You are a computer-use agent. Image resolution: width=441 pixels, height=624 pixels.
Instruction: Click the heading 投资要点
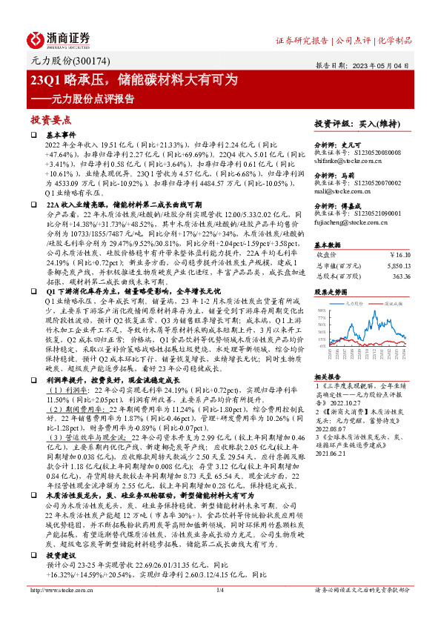[50, 119]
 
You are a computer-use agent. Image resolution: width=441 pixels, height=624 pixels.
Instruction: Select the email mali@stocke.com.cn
[339, 191]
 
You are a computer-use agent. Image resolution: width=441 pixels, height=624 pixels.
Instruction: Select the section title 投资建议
[60, 554]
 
